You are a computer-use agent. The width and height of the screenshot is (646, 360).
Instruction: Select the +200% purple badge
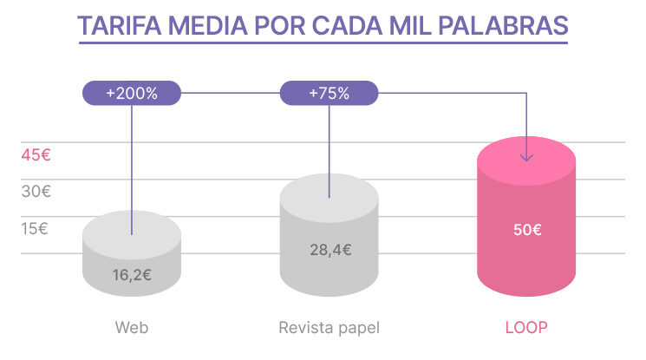click(x=132, y=93)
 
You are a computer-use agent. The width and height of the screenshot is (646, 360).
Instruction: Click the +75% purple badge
click(x=329, y=93)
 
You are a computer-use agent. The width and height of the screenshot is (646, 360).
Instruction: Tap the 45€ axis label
click(x=36, y=156)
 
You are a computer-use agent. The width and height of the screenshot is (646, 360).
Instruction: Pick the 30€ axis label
click(x=36, y=193)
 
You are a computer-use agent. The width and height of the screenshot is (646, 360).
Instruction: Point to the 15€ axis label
click(x=36, y=229)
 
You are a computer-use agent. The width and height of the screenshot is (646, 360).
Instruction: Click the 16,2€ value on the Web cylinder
click(x=132, y=276)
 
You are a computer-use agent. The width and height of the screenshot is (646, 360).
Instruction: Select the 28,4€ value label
click(x=330, y=250)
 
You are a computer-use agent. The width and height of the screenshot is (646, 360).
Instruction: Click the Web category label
click(x=132, y=328)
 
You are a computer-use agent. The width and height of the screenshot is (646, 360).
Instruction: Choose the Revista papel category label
click(x=330, y=328)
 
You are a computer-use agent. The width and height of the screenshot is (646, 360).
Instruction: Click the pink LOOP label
click(x=526, y=328)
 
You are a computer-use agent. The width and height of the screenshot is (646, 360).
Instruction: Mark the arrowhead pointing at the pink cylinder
click(x=526, y=156)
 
